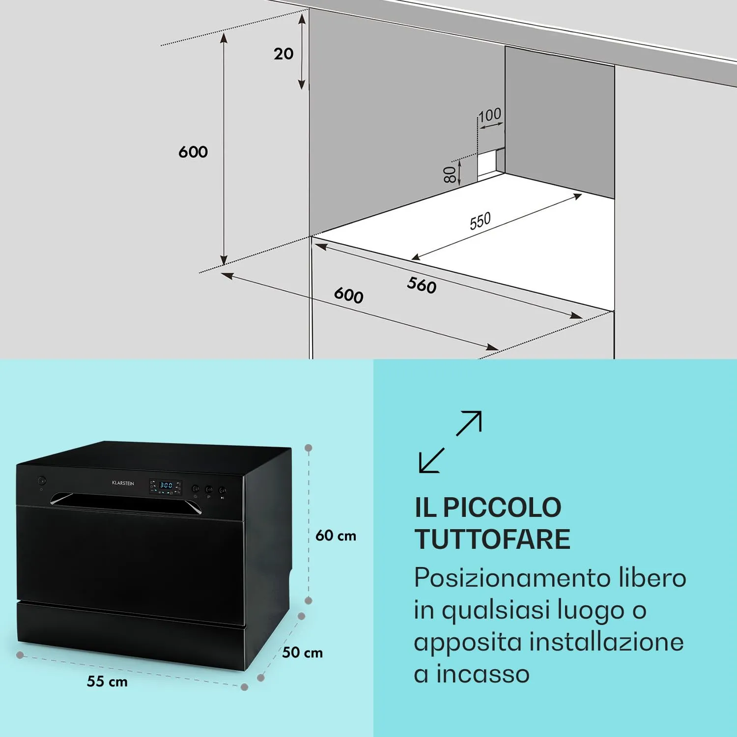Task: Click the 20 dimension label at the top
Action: pyautogui.click(x=283, y=54)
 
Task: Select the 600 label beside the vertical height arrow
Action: pyautogui.click(x=193, y=152)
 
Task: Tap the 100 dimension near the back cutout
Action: pyautogui.click(x=490, y=115)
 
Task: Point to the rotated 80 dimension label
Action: pyautogui.click(x=450, y=174)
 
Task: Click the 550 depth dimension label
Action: pyautogui.click(x=480, y=221)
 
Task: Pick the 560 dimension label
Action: pyautogui.click(x=422, y=285)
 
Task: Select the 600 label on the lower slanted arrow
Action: pyautogui.click(x=348, y=295)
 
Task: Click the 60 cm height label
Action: pyautogui.click(x=336, y=536)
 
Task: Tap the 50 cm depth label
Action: pyautogui.click(x=303, y=652)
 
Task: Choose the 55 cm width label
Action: pyautogui.click(x=107, y=681)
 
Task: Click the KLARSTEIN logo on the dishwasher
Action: pyautogui.click(x=123, y=483)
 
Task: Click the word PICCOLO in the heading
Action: pyautogui.click(x=502, y=508)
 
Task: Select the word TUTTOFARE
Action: pyautogui.click(x=492, y=539)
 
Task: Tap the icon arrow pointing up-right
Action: pyautogui.click(x=469, y=423)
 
